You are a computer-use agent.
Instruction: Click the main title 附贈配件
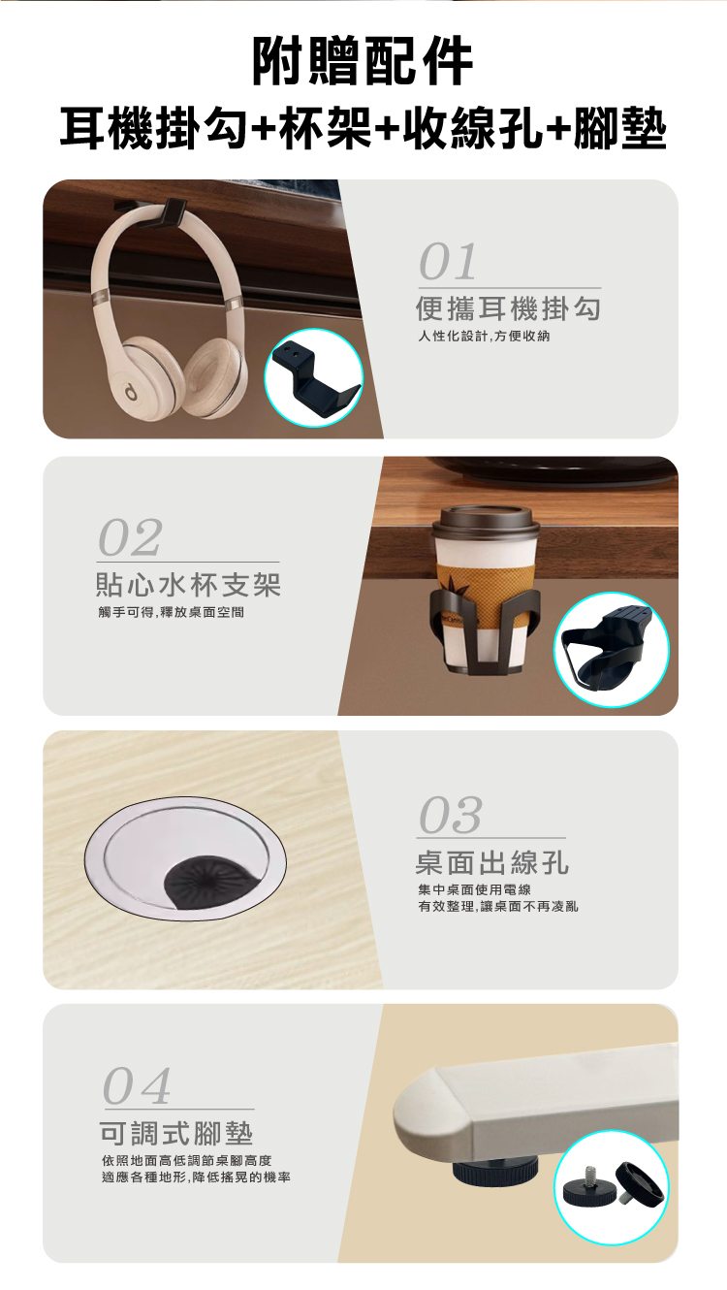(x=363, y=61)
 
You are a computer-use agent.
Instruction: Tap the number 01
(x=448, y=262)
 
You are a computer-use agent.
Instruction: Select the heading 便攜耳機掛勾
(x=509, y=309)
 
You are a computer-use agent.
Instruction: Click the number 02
(x=130, y=537)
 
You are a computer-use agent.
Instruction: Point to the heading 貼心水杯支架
(x=188, y=585)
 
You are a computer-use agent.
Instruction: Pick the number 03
(x=451, y=815)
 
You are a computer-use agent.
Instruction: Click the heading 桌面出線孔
(x=492, y=861)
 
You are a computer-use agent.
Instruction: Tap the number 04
(x=137, y=1086)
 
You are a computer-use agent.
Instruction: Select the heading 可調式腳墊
(x=176, y=1132)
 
